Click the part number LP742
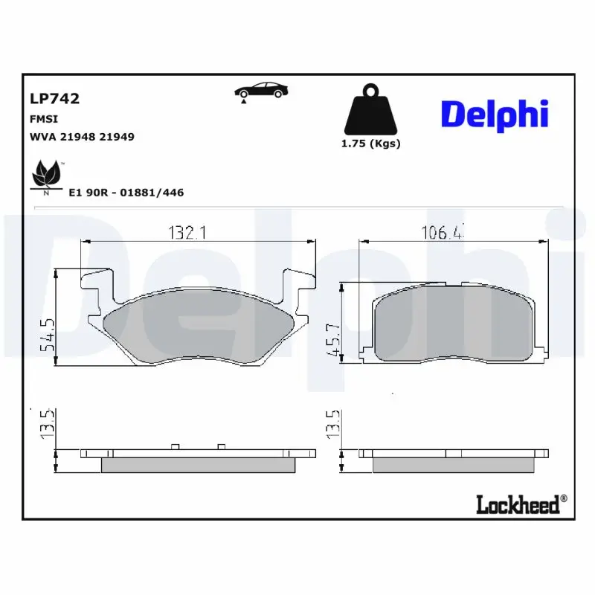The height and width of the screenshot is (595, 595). coord(54,98)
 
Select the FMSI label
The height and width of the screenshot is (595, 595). coord(44,119)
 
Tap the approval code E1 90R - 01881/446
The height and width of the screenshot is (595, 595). coord(126,193)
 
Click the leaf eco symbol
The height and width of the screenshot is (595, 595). coord(46,176)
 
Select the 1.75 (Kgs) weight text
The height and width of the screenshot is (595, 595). coord(370,144)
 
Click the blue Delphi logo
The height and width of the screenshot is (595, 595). coord(495,114)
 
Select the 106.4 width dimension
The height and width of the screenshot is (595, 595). coord(445,233)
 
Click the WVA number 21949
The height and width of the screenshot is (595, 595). coord(118,137)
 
